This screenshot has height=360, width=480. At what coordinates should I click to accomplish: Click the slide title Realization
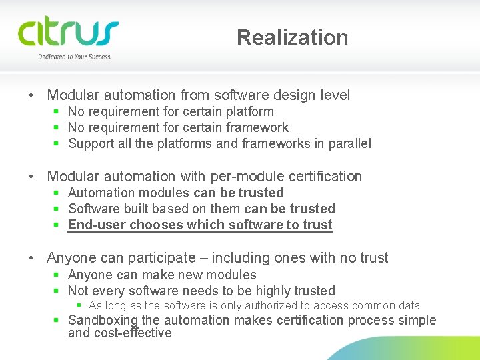[292, 37]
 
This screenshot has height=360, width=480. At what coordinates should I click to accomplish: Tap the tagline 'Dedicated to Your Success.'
[75, 57]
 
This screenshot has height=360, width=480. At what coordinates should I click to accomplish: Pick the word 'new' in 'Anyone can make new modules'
[197, 275]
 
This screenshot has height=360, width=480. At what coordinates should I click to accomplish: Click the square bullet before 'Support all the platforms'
[57, 143]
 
